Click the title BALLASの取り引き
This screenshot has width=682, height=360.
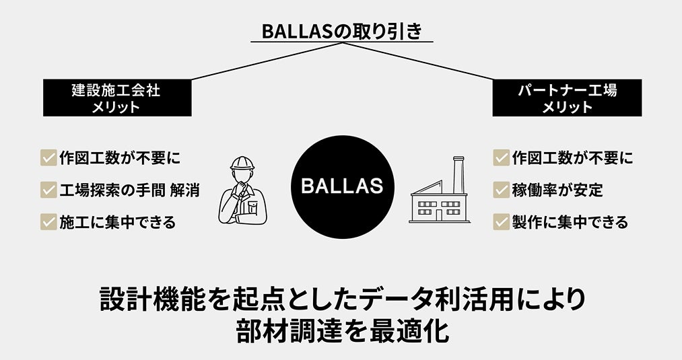[341, 31]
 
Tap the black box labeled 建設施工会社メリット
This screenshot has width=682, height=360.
[116, 98]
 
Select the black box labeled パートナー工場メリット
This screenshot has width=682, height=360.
[567, 98]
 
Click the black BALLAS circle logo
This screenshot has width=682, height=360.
[342, 186]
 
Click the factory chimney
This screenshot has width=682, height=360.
[459, 175]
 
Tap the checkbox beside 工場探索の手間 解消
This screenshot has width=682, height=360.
[48, 190]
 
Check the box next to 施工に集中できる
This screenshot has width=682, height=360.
[48, 221]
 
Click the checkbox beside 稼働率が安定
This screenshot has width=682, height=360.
[501, 190]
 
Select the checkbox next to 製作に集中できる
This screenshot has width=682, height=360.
[501, 221]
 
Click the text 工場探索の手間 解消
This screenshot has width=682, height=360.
[129, 190]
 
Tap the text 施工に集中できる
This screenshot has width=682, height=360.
[118, 221]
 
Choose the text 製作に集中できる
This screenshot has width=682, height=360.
[570, 221]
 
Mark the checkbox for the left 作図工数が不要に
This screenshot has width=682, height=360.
[48, 158]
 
